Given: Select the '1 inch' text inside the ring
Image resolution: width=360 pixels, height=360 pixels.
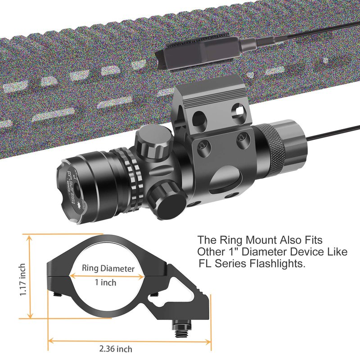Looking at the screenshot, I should pyautogui.click(x=106, y=282).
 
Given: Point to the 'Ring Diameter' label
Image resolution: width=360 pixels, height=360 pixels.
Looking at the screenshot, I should pyautogui.click(x=108, y=269).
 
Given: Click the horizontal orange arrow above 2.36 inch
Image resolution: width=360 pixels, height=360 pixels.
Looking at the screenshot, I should pyautogui.click(x=130, y=341).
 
